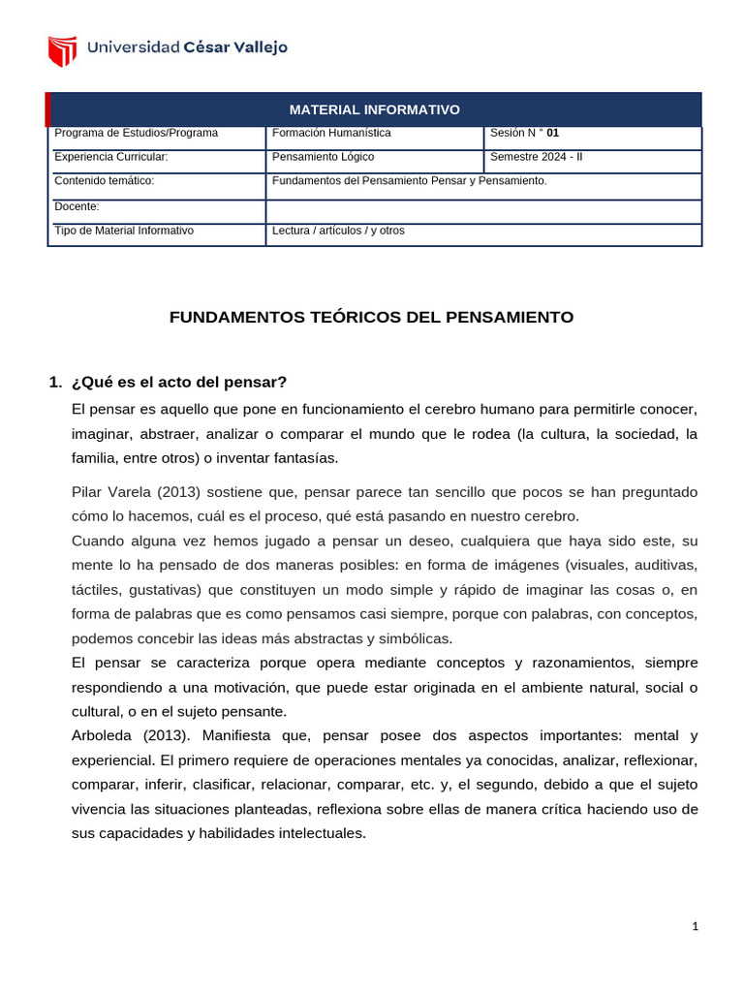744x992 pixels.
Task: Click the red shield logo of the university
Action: pyautogui.click(x=63, y=50)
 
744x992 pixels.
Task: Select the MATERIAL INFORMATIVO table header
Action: pyautogui.click(x=374, y=109)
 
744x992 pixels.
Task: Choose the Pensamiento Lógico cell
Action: pyautogui.click(x=323, y=156)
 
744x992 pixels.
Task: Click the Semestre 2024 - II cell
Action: pyautogui.click(x=537, y=156)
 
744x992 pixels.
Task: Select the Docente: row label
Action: pyautogui.click(x=77, y=206)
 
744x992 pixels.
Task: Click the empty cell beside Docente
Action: pyautogui.click(x=482, y=211)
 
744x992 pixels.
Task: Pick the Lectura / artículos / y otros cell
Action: pyautogui.click(x=338, y=231)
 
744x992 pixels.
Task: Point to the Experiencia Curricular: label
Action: pyautogui.click(x=111, y=156)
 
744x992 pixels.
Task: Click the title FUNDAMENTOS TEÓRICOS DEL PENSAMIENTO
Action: pyautogui.click(x=372, y=317)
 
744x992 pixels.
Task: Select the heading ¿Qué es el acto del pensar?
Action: pyautogui.click(x=179, y=381)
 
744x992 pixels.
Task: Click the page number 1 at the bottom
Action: pyautogui.click(x=695, y=926)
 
